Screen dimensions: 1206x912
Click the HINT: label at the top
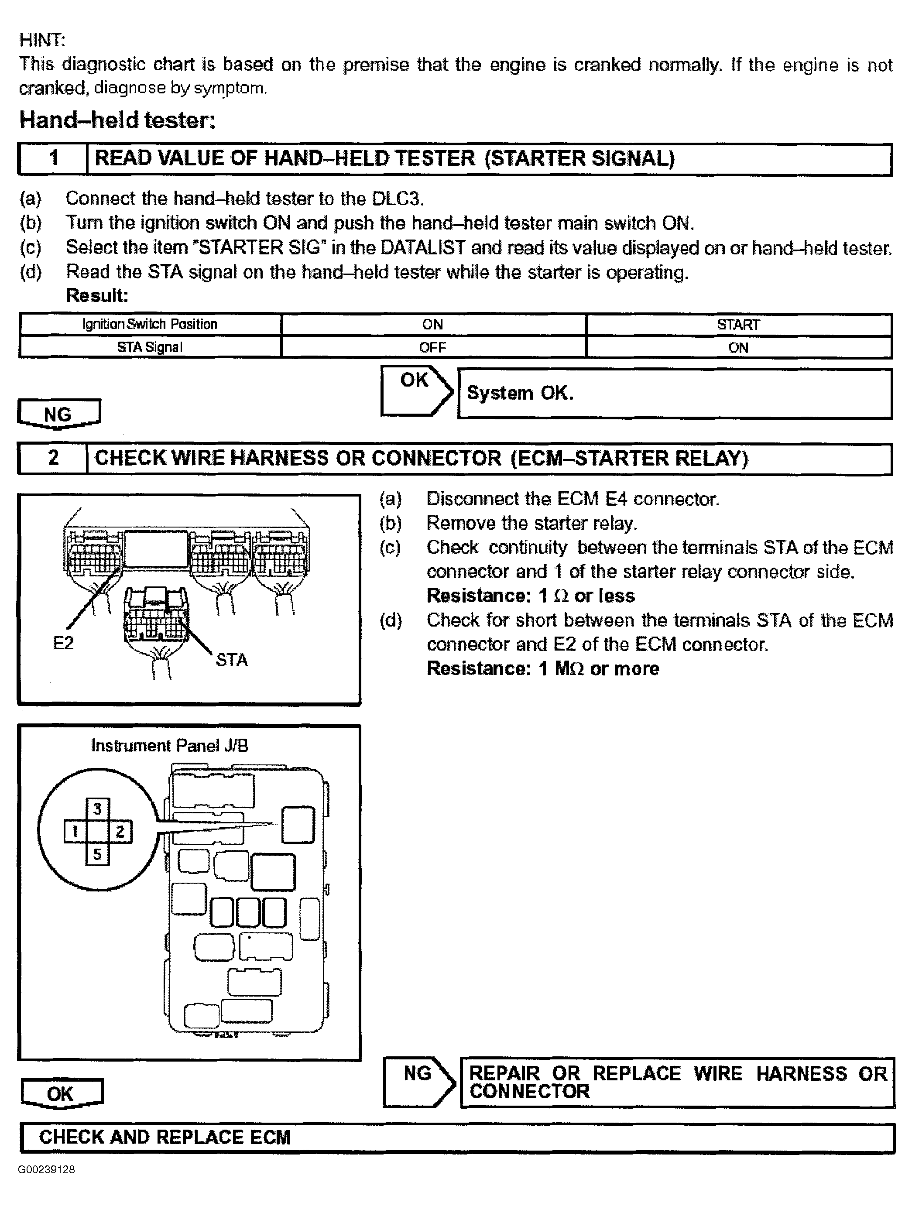[42, 40]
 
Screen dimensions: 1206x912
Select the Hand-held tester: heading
[117, 120]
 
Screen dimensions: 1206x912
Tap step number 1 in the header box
[53, 158]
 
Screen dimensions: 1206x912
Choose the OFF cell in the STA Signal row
[433, 347]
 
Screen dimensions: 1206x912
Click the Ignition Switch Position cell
[150, 324]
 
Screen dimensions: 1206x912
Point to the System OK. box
[674, 393]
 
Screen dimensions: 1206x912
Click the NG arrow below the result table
[58, 414]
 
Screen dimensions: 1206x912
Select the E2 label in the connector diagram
[63, 643]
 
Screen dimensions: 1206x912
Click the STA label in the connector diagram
[232, 660]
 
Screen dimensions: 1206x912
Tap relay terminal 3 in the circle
[98, 809]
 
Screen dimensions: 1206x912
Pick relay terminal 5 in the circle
[98, 854]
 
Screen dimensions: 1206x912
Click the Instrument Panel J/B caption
[170, 745]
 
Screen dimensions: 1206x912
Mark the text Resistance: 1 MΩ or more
[542, 668]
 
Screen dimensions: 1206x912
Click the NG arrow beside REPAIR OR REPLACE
[418, 1082]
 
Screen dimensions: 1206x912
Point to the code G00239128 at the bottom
[46, 1169]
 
